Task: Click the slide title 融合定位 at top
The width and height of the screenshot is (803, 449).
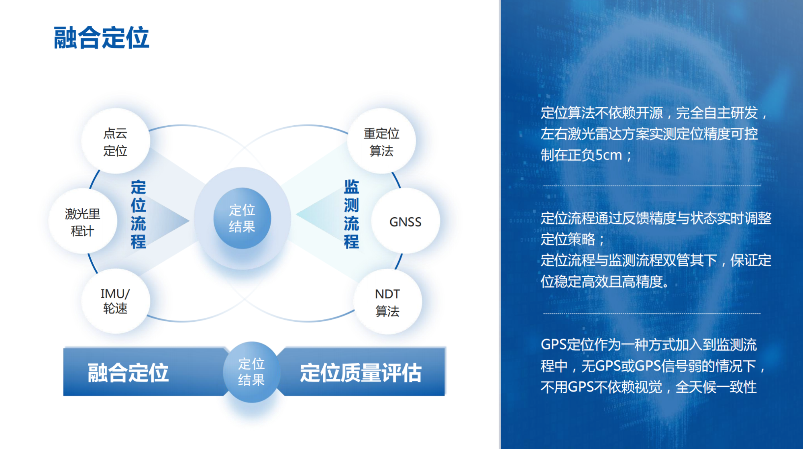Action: click(x=101, y=38)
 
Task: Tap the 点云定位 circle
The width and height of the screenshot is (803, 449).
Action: click(x=116, y=141)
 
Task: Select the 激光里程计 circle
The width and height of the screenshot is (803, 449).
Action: click(x=83, y=222)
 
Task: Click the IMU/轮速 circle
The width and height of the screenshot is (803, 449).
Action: click(x=116, y=301)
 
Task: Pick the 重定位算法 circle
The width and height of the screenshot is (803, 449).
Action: click(x=381, y=141)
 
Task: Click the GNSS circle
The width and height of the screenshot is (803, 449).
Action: click(x=405, y=222)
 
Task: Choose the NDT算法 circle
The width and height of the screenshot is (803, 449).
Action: click(x=387, y=302)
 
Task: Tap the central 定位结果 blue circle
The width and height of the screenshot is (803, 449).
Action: click(x=242, y=218)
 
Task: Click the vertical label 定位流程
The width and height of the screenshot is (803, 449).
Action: click(x=138, y=214)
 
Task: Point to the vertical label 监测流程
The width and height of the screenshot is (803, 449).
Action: click(x=351, y=214)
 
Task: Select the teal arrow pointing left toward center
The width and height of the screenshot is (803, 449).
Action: click(x=311, y=215)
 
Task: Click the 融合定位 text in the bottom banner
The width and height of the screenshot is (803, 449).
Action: click(x=128, y=372)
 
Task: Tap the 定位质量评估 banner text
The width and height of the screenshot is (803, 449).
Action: click(x=361, y=372)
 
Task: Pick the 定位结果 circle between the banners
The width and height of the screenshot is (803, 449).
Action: click(x=251, y=372)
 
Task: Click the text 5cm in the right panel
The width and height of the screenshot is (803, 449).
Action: click(x=608, y=155)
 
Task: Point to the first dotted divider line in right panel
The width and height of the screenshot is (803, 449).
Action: click(x=651, y=186)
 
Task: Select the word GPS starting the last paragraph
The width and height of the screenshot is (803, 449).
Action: click(x=553, y=345)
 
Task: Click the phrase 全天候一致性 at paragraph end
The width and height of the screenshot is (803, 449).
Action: click(x=716, y=387)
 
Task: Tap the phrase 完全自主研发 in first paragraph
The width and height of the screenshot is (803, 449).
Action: click(x=717, y=113)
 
